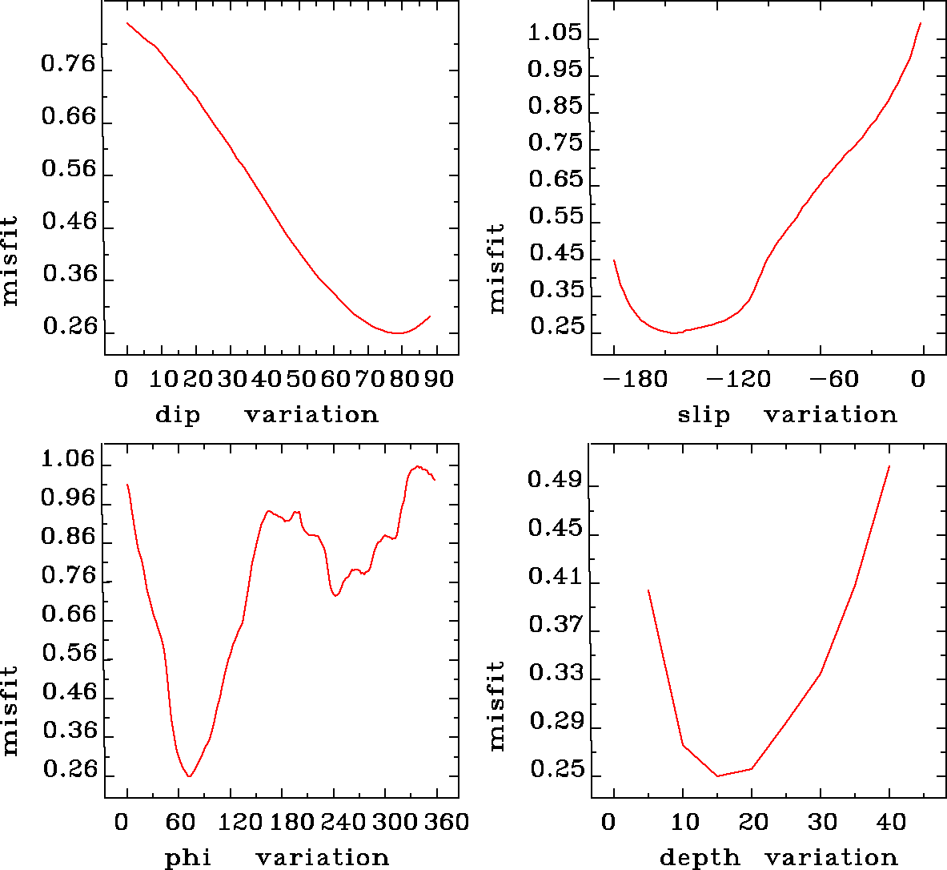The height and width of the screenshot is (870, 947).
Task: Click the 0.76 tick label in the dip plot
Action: [x=69, y=65]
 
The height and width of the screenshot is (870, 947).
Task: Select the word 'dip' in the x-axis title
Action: [x=178, y=415]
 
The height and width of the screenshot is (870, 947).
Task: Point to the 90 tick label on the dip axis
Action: [x=439, y=379]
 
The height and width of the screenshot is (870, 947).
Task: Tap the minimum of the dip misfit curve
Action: [x=397, y=332]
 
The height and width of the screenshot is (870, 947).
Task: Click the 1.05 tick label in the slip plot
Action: [x=555, y=33]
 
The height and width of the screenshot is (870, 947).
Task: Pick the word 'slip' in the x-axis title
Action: [x=704, y=415]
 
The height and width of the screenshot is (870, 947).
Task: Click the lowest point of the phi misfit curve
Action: [x=189, y=775]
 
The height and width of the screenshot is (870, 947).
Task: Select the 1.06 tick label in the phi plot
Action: [x=69, y=461]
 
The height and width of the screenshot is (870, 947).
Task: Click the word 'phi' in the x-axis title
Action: [x=188, y=858]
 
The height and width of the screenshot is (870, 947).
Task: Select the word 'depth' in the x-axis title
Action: [x=700, y=858]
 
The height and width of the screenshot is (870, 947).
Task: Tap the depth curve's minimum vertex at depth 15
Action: [x=717, y=775]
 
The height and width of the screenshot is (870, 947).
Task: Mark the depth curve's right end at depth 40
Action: [x=889, y=466]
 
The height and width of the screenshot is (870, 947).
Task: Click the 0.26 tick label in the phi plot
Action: [x=69, y=771]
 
